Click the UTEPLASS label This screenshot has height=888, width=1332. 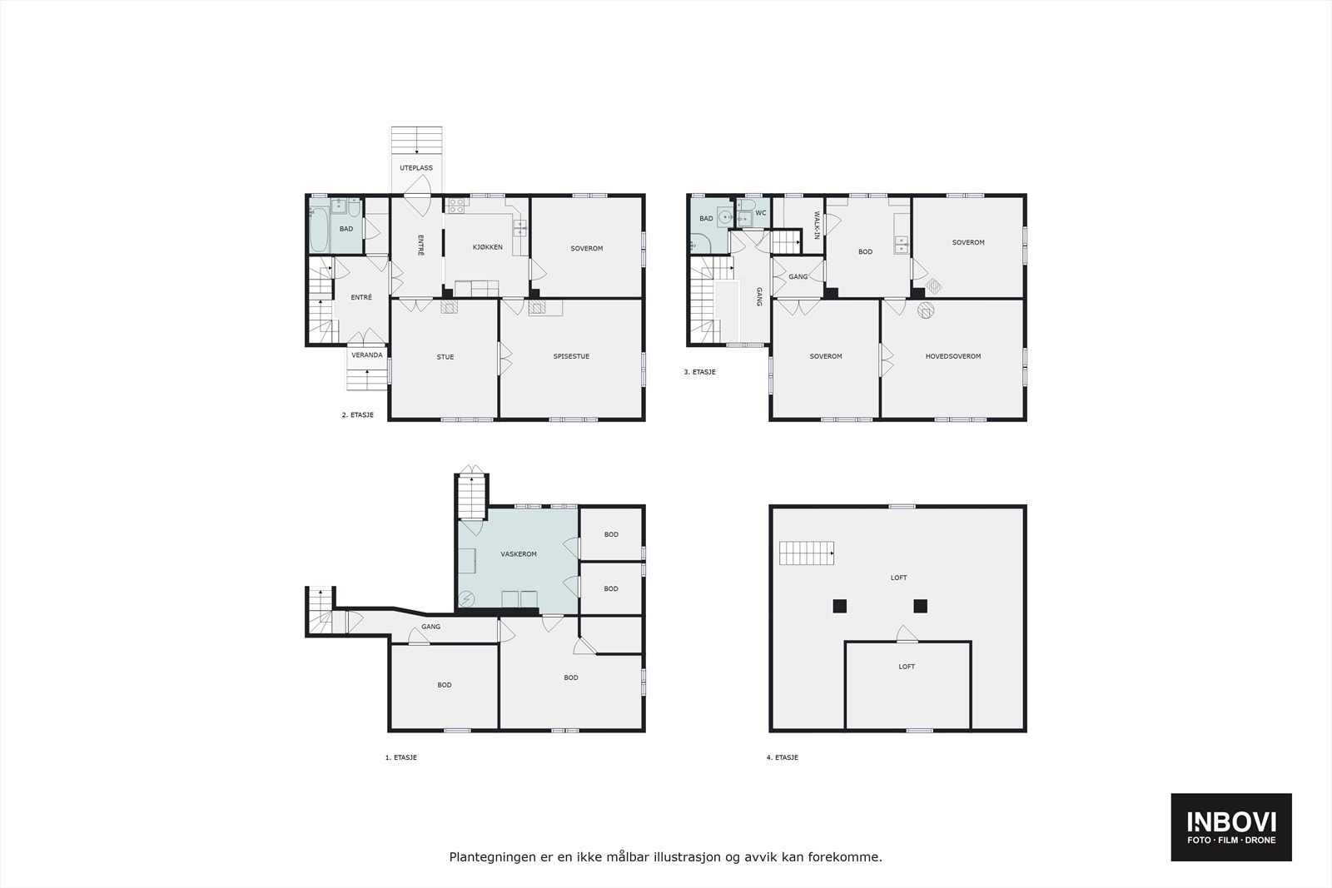point(416,168)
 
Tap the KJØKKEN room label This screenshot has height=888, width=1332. point(487,247)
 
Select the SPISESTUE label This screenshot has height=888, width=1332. point(571,357)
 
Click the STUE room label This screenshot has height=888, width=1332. point(445,357)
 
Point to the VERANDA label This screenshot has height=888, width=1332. point(367,355)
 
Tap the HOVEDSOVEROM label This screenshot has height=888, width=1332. point(952,356)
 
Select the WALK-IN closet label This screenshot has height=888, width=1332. point(816,225)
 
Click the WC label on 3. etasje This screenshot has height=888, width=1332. point(761,213)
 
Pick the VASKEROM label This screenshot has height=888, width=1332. point(518,554)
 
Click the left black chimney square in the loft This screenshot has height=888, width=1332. point(841,606)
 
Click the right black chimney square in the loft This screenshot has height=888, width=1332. point(920,606)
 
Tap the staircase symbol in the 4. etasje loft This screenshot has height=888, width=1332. point(807,553)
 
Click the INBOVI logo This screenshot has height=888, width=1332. point(1231,826)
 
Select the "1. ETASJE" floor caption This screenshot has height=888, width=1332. point(400,758)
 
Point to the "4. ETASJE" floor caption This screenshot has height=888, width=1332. point(782,758)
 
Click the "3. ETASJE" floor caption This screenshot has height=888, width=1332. point(699,372)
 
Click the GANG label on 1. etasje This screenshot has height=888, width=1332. point(430,627)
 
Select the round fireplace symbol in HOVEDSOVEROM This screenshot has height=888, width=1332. point(926,311)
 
